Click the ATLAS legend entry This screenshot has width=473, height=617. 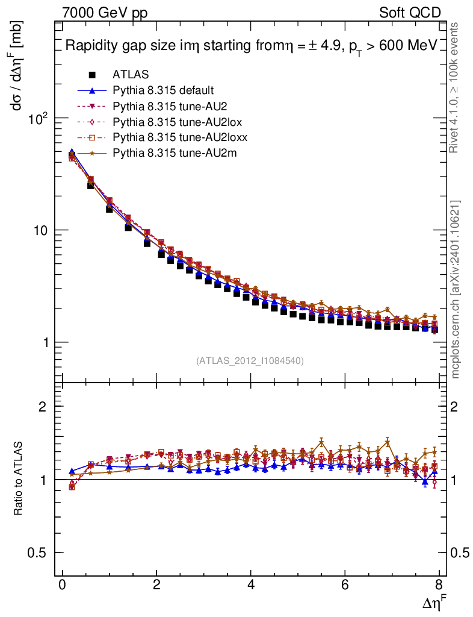pyautogui.click(x=131, y=75)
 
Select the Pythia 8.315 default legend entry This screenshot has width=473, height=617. pyautogui.click(x=163, y=90)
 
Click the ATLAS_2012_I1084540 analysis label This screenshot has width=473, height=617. pyautogui.click(x=250, y=361)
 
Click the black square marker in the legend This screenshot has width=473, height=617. pyautogui.click(x=92, y=75)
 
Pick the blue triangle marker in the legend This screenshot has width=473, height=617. pyautogui.click(x=92, y=90)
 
